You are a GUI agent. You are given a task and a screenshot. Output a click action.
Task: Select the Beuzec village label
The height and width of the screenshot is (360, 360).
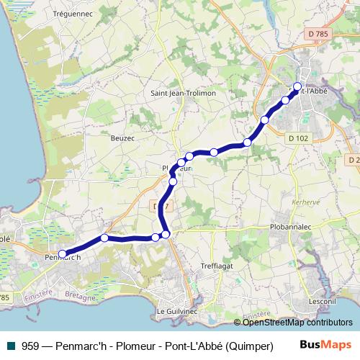[123, 137]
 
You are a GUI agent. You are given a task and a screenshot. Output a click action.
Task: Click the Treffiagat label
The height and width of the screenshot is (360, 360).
[217, 264]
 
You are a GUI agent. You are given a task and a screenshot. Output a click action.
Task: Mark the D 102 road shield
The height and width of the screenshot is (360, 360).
[297, 138]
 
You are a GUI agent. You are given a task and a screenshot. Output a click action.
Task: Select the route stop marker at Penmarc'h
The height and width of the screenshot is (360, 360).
[62, 253]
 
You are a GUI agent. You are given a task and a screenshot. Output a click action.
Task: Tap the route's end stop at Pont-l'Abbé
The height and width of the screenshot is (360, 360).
[297, 86]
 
